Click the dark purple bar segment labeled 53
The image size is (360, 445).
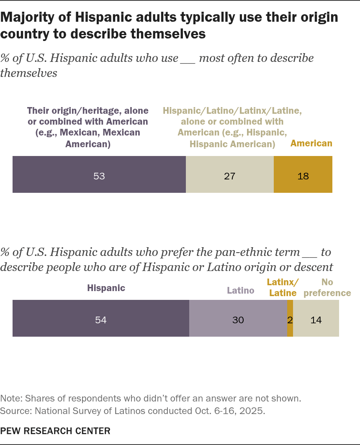coord(99,174)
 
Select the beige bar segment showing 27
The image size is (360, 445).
coord(230,174)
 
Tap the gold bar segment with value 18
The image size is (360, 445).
coord(303,174)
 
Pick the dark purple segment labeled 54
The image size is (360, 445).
coord(101,318)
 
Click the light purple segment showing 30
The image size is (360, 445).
coord(238,318)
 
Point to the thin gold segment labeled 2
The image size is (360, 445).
coord(290,318)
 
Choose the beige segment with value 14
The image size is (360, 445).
coord(316,318)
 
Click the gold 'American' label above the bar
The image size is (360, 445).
coord(311,143)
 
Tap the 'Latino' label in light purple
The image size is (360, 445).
coord(240,290)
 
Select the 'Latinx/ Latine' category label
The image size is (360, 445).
coord(283,287)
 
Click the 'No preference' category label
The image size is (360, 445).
coord(327,287)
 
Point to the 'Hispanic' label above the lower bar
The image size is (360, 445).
coord(106,288)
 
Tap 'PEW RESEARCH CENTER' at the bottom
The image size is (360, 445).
coord(55,431)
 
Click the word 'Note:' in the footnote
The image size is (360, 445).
coord(11,399)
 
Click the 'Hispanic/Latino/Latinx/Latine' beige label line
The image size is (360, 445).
coord(232,111)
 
